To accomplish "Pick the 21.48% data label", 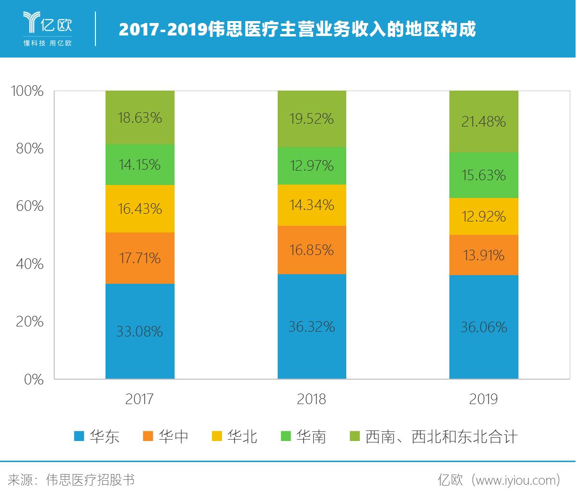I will [x=483, y=122].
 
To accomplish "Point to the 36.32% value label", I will [x=312, y=327].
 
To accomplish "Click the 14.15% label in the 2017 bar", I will [x=140, y=165].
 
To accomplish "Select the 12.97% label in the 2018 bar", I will [x=312, y=166].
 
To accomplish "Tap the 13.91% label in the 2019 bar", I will [x=483, y=255].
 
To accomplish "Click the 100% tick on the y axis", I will [x=27, y=91].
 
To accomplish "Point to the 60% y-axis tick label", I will [x=29, y=206].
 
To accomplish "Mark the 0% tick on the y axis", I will [x=34, y=380].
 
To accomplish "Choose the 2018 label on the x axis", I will [x=312, y=399].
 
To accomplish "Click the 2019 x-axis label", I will [x=483, y=399].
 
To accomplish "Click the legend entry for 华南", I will [x=304, y=437].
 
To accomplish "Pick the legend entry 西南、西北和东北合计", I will [x=434, y=437].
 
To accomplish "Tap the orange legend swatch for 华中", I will [x=149, y=437].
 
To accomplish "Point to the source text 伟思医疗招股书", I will [x=90, y=480].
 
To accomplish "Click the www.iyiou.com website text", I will [x=516, y=480].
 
